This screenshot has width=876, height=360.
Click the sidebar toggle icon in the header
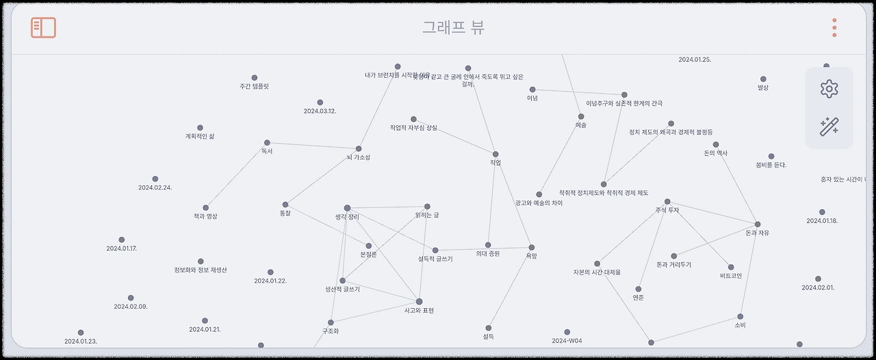click(43, 27)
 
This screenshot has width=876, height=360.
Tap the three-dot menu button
click(834, 27)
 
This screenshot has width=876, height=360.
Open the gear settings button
click(829, 88)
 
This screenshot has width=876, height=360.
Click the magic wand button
click(829, 127)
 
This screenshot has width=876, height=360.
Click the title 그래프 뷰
click(453, 27)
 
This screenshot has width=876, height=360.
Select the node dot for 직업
click(495, 154)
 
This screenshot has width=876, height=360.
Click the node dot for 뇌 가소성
click(359, 149)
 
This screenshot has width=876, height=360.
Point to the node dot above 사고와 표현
click(419, 301)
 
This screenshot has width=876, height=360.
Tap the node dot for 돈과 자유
click(758, 224)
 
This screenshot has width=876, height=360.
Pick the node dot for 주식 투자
click(667, 202)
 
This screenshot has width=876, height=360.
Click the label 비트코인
click(731, 276)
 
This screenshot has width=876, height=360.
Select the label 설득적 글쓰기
click(435, 259)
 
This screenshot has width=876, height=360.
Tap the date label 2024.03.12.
click(320, 111)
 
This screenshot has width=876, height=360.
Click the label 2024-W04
click(567, 341)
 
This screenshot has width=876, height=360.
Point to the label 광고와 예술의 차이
click(539, 203)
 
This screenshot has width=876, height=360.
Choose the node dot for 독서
click(267, 142)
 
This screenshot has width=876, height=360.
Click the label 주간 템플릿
click(254, 87)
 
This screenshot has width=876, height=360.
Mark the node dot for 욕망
click(532, 247)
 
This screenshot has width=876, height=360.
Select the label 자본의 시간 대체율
click(597, 272)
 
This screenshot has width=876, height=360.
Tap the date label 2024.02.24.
click(155, 188)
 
